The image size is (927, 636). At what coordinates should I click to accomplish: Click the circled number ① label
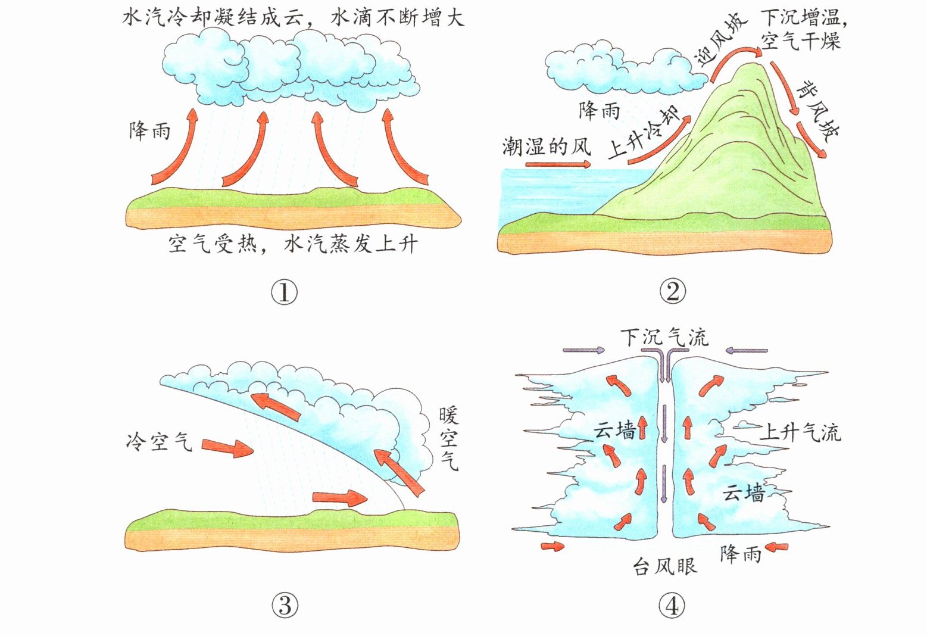coord(284,292)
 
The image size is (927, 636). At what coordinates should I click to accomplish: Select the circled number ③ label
coord(284,606)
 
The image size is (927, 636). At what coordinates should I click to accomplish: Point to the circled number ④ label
coord(672,606)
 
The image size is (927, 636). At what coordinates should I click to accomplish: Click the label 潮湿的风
coord(545,145)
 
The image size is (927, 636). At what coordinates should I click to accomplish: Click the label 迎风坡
coord(720,50)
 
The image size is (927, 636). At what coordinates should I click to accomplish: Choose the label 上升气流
coord(800,432)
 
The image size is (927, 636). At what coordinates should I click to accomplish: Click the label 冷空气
coord(159,442)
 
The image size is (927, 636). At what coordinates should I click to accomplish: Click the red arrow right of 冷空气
coord(227,447)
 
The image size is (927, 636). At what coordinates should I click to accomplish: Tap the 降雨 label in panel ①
coord(149,130)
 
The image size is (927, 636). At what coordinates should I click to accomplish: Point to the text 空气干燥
coord(801,42)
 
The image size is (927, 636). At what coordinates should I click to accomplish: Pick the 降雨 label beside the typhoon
coord(740,554)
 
